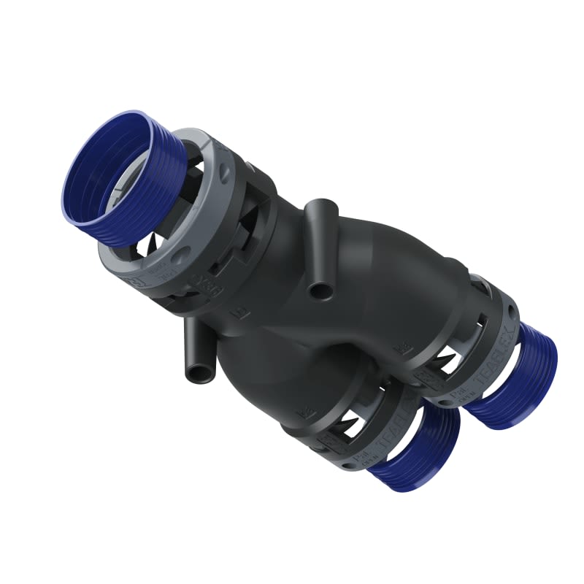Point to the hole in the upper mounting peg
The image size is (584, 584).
(x=318, y=291)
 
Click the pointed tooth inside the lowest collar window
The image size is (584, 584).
(x=343, y=423)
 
